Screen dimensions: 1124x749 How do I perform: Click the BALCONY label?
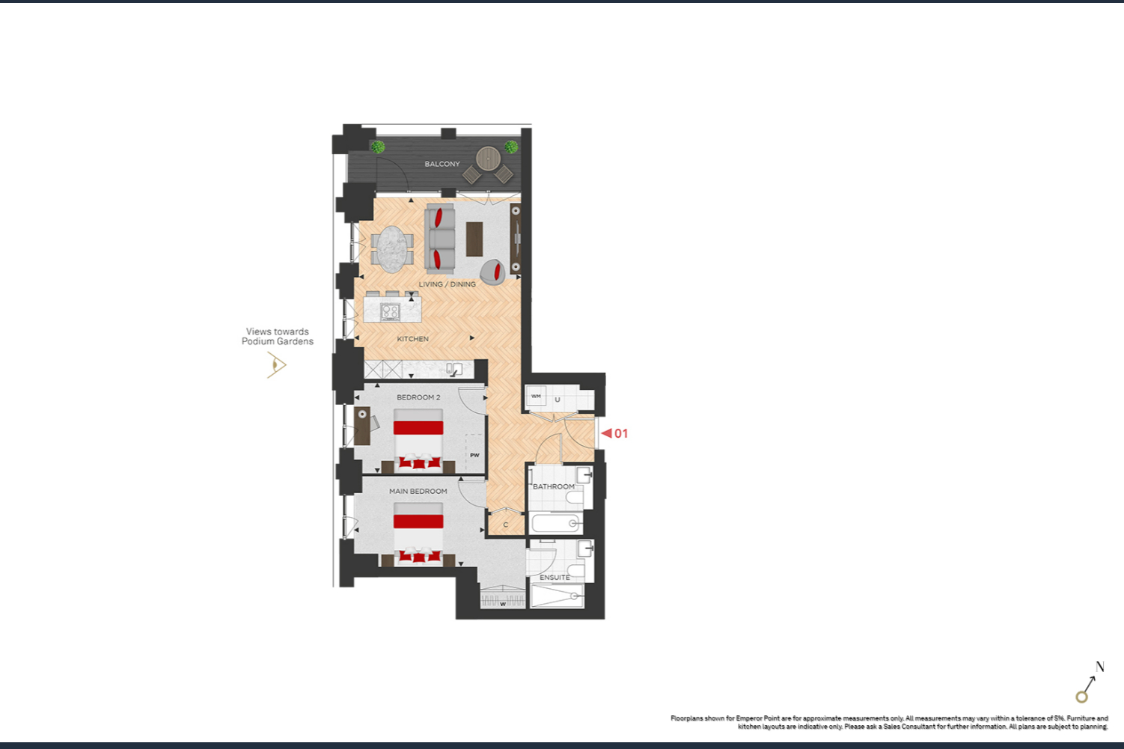tap(442, 164)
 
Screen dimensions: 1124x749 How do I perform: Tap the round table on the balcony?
tap(488, 158)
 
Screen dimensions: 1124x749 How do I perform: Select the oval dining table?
tap(392, 249)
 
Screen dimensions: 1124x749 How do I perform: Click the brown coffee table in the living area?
tap(474, 239)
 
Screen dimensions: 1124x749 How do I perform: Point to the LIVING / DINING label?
tap(447, 284)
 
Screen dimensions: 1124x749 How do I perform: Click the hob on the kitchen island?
tap(391, 312)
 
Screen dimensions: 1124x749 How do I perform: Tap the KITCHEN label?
tap(412, 339)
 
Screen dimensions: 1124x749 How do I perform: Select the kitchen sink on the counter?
tap(455, 369)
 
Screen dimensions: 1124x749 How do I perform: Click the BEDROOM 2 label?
tap(418, 397)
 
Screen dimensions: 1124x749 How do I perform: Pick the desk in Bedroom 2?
tap(362, 426)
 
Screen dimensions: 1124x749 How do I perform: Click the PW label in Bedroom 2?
tap(474, 456)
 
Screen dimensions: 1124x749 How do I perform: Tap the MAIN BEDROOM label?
tap(418, 491)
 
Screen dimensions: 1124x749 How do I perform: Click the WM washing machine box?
tap(536, 397)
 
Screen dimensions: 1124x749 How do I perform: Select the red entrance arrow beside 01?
tap(607, 433)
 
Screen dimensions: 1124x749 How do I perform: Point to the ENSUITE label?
tap(555, 578)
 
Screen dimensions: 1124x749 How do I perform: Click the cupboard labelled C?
tap(506, 524)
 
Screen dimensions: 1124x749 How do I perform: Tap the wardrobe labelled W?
tap(503, 600)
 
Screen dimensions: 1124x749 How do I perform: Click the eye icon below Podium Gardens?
tap(276, 364)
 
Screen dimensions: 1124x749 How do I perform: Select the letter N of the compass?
tap(1100, 667)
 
